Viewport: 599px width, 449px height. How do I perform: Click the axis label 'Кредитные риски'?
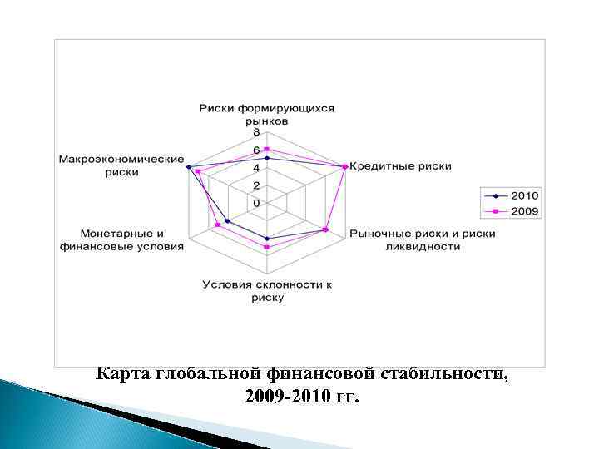coord(400,166)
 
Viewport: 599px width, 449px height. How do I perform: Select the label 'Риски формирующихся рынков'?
coord(266,115)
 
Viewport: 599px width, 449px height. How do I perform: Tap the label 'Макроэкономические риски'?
coord(121,165)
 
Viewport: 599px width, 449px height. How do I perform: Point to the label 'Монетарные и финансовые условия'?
coord(122,239)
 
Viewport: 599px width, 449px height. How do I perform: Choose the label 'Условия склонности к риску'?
coord(266,290)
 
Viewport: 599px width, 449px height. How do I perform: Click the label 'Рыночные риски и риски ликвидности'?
coord(422,239)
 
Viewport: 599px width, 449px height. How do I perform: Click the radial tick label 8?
coord(256,132)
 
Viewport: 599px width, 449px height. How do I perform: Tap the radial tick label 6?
coord(256,150)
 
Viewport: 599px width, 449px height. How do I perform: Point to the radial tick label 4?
coord(256,168)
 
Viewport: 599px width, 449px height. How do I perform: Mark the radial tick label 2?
coord(256,185)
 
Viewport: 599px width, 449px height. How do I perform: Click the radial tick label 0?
coord(256,203)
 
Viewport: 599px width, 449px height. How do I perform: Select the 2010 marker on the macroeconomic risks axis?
coord(189,167)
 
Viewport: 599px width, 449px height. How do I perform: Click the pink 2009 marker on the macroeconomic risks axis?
coord(198,172)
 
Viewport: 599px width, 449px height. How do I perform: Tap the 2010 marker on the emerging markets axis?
coord(267,158)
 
